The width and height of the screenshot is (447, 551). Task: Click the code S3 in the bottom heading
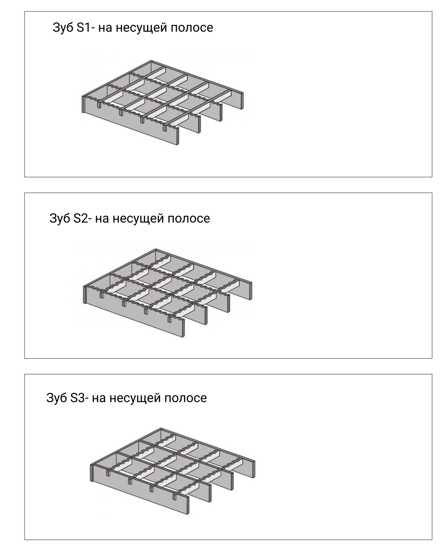pos(78,398)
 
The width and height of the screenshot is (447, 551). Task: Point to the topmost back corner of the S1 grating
pos(151,60)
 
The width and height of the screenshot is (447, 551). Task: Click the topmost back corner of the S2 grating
pos(156,249)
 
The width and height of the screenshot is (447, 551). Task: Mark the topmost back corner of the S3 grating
pos(161,428)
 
